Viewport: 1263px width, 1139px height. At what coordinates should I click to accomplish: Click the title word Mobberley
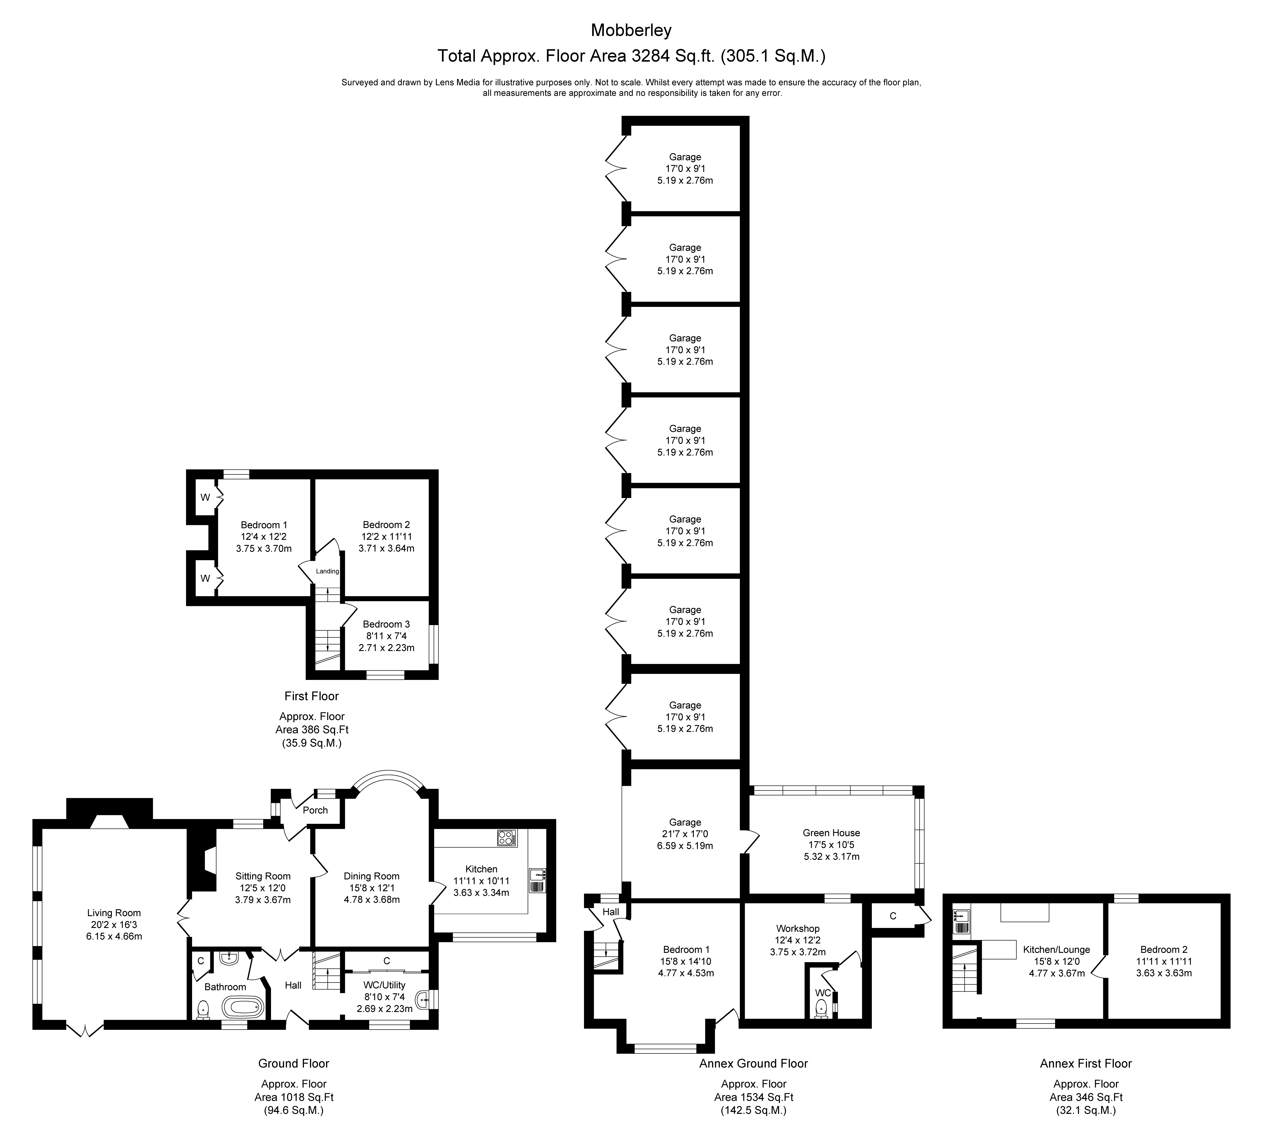pos(631,29)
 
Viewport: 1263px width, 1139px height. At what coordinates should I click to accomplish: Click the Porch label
pos(315,810)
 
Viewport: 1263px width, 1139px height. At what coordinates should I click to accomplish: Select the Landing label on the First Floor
pos(327,571)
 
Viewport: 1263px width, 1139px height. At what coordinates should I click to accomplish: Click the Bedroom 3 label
pos(387,624)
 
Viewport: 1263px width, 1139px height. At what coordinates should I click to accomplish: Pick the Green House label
pos(831,832)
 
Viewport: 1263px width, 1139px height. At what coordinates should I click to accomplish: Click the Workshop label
pos(798,928)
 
